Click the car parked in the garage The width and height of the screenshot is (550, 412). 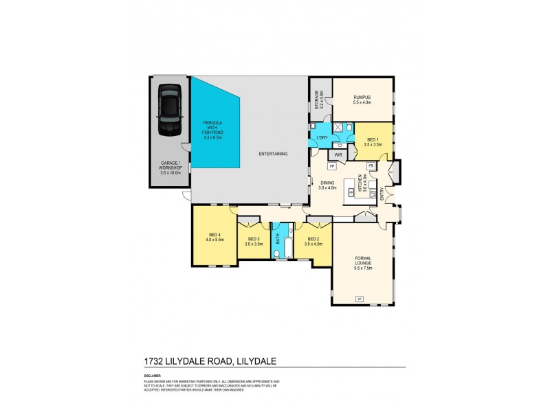pos(168,111)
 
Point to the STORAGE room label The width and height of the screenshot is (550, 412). pos(318,100)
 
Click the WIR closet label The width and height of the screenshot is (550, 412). pos(339,155)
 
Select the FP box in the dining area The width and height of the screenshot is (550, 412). pos(331,167)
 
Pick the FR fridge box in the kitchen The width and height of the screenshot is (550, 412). pos(370,166)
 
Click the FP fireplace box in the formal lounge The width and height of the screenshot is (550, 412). pos(359,298)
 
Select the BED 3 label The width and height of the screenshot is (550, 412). pos(254,239)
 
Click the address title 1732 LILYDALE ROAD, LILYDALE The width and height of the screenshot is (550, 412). pos(210,360)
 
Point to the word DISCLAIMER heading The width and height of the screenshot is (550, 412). pos(153,375)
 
